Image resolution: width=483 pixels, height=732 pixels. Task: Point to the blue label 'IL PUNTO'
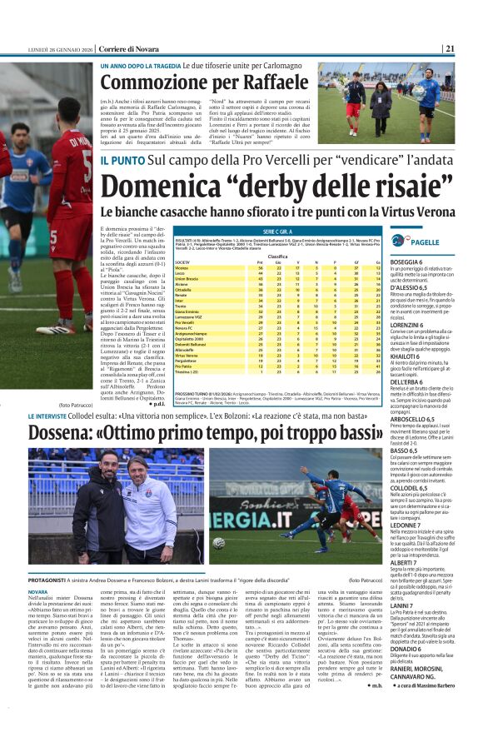[123, 158]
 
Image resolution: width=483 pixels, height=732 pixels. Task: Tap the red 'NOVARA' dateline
[38, 592]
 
